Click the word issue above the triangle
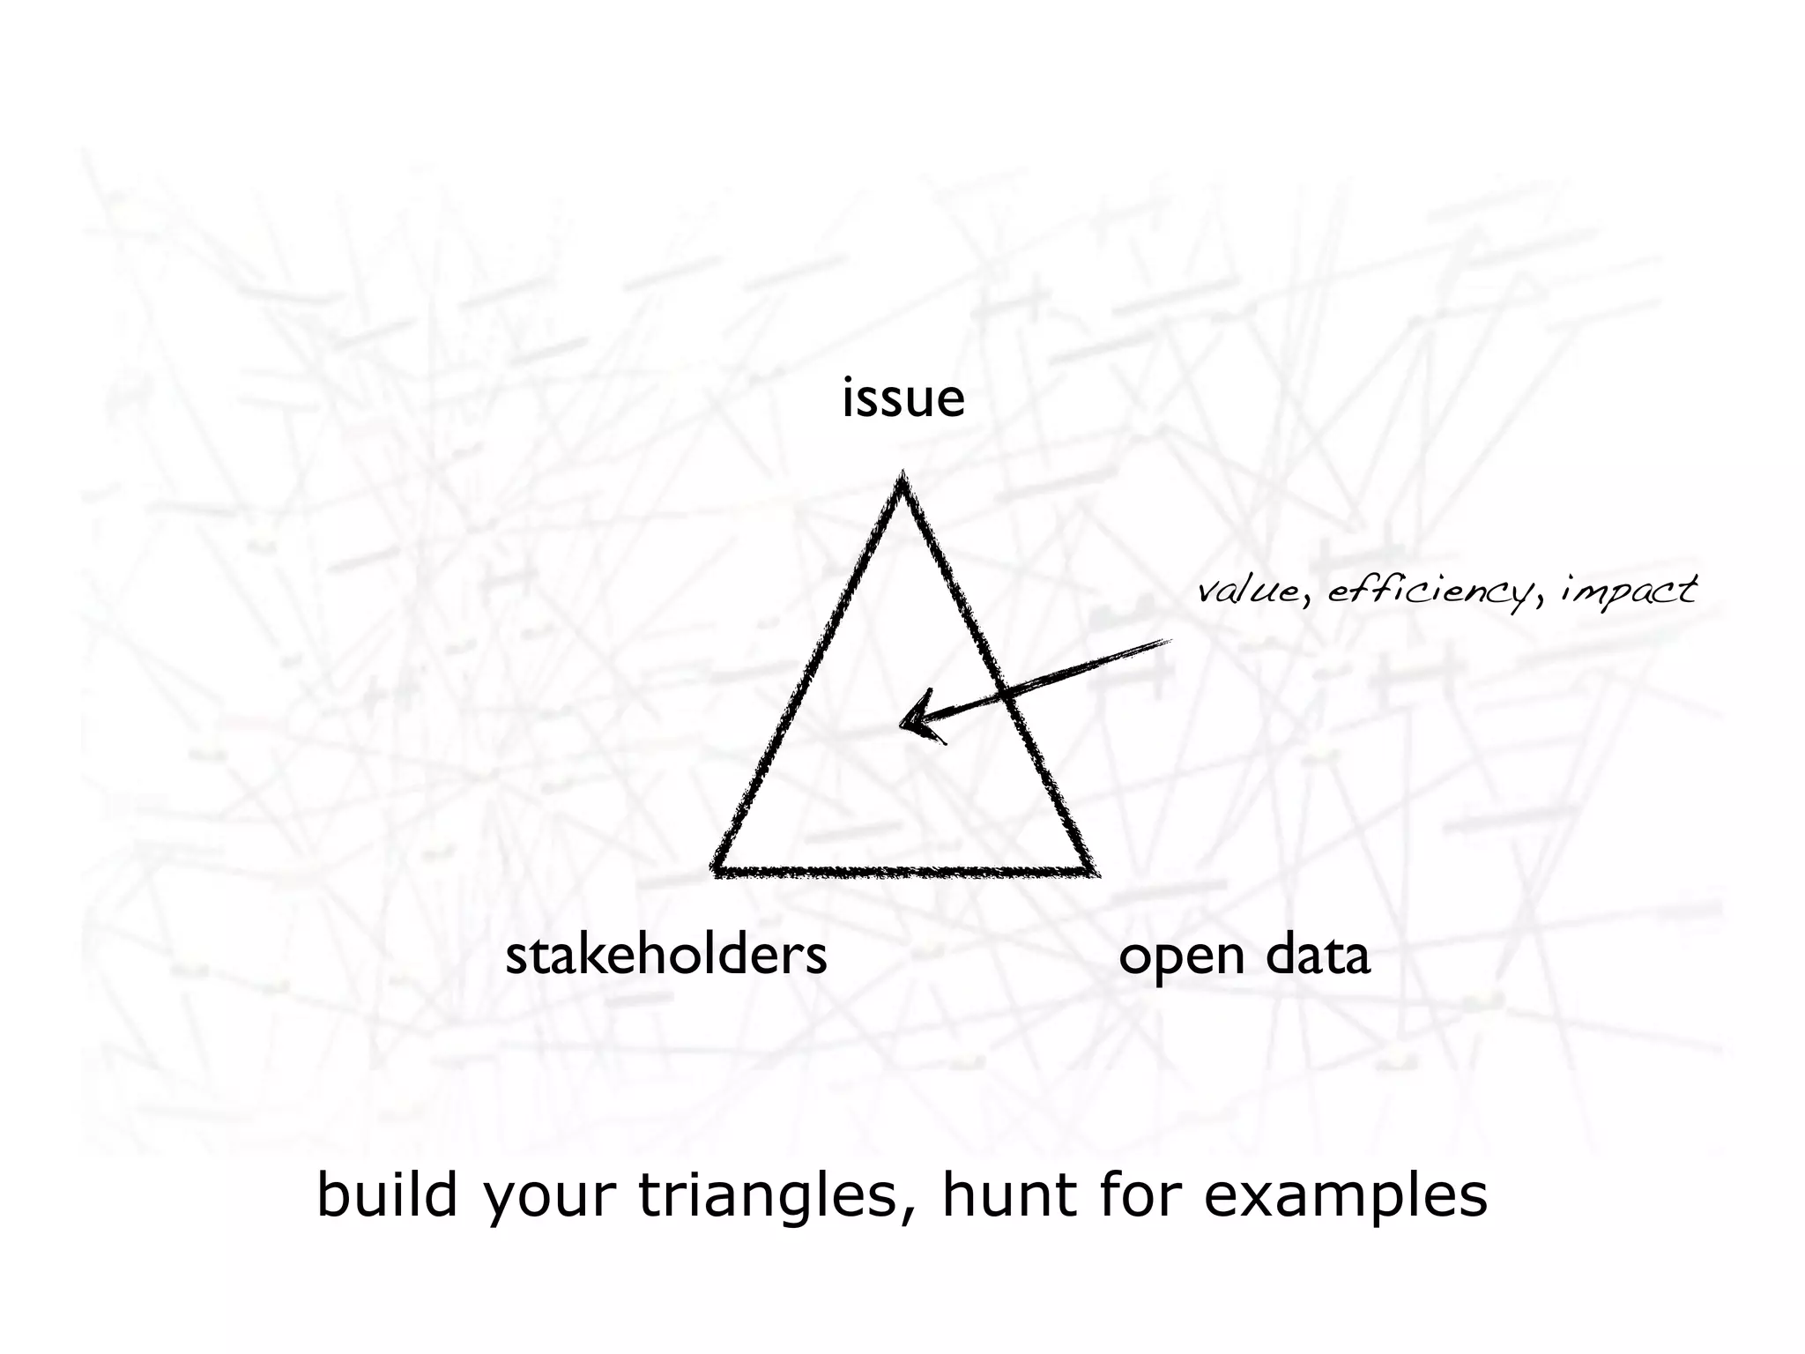(903, 398)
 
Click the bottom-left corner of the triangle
(717, 871)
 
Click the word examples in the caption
(1345, 1197)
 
